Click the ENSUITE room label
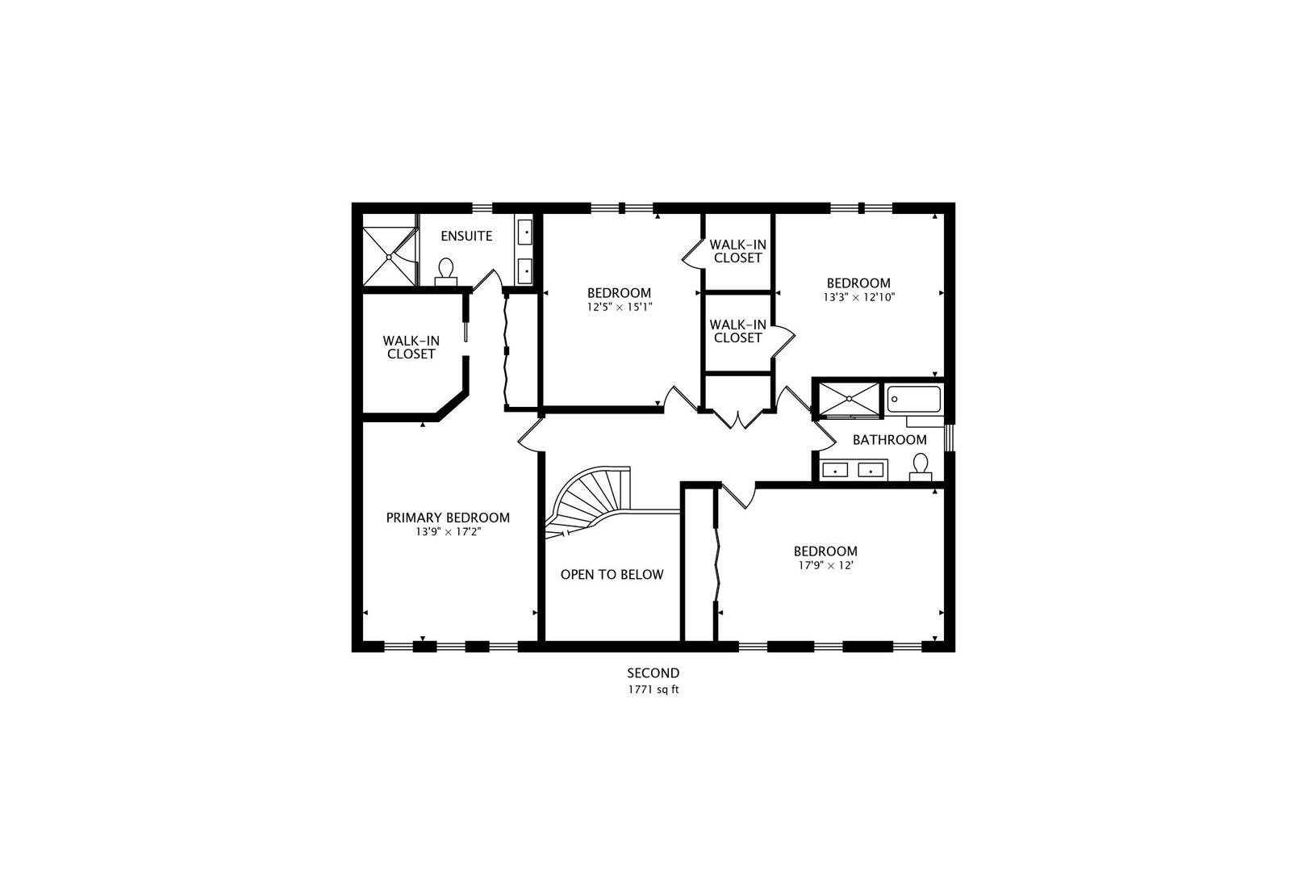pyautogui.click(x=466, y=236)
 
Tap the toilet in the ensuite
pyautogui.click(x=446, y=272)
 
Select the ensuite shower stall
pyautogui.click(x=389, y=257)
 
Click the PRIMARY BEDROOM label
pyautogui.click(x=448, y=518)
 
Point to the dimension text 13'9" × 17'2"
pyautogui.click(x=448, y=532)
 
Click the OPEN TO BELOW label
pyautogui.click(x=612, y=575)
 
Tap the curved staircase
pyautogui.click(x=589, y=502)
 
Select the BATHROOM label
pyautogui.click(x=889, y=440)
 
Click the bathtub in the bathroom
pyautogui.click(x=914, y=400)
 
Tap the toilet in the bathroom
pyautogui.click(x=921, y=467)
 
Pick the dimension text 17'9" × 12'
pyautogui.click(x=825, y=565)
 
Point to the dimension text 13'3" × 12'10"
pyautogui.click(x=859, y=297)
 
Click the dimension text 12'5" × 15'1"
pyautogui.click(x=619, y=307)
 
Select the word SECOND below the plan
pyautogui.click(x=653, y=673)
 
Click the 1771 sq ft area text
pyautogui.click(x=653, y=690)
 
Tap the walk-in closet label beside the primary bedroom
pyautogui.click(x=411, y=347)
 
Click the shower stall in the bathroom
pyautogui.click(x=849, y=400)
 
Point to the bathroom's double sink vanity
pyautogui.click(x=854, y=470)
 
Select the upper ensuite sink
pyautogui.click(x=524, y=233)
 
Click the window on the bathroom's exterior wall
pyautogui.click(x=950, y=438)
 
